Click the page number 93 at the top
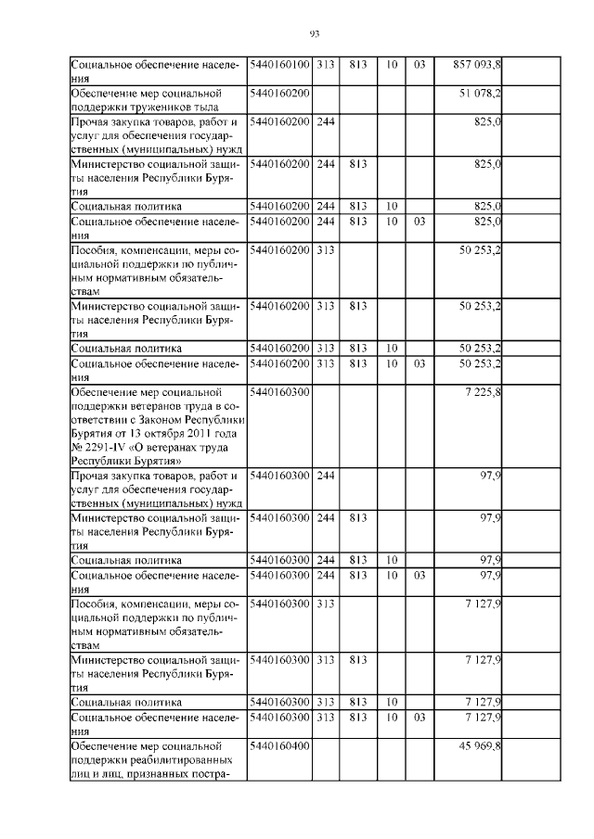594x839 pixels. coord(314,34)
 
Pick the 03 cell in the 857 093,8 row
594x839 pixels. coord(419,65)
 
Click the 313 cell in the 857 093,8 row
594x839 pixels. coord(326,65)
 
